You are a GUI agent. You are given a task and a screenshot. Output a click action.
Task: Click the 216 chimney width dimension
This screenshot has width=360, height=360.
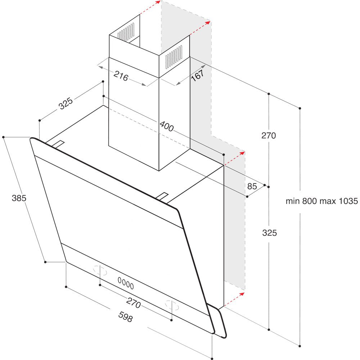point(121,76)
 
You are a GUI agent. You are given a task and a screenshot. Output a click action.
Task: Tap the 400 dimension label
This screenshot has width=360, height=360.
point(167,126)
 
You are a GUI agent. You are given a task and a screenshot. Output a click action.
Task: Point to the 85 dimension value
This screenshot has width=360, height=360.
point(252,186)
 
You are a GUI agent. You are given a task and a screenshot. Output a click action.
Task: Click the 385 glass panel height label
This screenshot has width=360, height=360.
point(19,198)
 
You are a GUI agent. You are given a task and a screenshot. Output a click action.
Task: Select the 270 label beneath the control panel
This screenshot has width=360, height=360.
point(133,303)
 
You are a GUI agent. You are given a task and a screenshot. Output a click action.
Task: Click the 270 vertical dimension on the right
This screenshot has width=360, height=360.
point(269,136)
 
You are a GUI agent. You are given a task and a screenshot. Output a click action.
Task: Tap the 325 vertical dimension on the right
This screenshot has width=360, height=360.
point(269,233)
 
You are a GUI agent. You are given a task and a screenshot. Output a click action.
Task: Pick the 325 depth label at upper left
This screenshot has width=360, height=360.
point(66,104)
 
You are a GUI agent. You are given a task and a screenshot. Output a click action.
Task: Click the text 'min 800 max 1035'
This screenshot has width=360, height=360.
point(321,201)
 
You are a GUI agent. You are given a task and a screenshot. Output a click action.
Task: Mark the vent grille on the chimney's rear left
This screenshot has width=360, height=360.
point(126,32)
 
